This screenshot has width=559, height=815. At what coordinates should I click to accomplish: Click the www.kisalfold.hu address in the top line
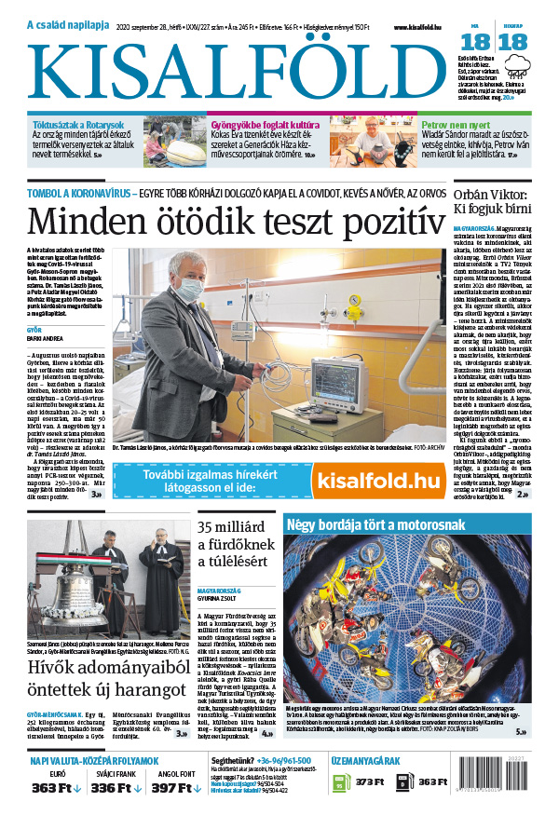tap(417, 28)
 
